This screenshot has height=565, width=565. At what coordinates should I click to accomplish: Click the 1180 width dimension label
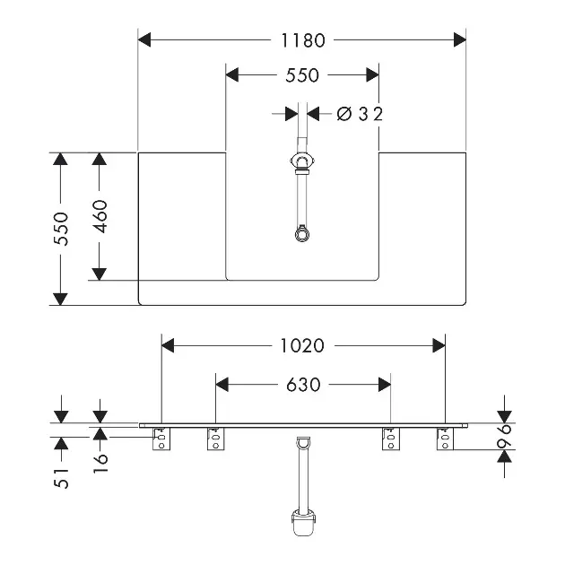(303, 40)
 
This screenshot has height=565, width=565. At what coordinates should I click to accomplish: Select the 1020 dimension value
(302, 346)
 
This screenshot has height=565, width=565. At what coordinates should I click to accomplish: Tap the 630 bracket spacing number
(303, 385)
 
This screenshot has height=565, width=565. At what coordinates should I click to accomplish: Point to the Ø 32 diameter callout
(360, 114)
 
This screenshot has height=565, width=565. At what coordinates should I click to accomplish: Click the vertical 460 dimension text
(100, 216)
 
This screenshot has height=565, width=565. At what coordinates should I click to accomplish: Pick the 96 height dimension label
(504, 437)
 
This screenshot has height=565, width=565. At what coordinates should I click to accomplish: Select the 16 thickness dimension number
(100, 463)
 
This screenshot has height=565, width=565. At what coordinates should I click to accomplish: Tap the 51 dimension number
(61, 478)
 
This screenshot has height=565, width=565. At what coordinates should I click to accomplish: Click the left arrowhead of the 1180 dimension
(144, 39)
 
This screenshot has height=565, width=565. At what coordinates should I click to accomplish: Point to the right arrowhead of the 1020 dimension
(439, 345)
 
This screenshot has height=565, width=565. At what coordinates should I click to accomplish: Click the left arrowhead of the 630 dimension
(222, 385)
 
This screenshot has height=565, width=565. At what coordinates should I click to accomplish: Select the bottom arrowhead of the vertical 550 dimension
(61, 299)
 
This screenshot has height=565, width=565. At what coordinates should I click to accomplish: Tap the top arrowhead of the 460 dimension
(99, 159)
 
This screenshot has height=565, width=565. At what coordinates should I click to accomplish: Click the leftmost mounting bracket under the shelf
(161, 439)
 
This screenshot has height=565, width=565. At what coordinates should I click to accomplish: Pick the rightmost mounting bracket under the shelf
(446, 439)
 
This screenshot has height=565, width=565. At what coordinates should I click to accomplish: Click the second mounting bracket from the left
(215, 439)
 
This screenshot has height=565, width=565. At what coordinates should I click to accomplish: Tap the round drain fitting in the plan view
(302, 233)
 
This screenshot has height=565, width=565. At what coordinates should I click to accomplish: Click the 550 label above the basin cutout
(302, 75)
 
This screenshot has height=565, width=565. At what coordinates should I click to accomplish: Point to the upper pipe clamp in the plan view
(303, 161)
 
